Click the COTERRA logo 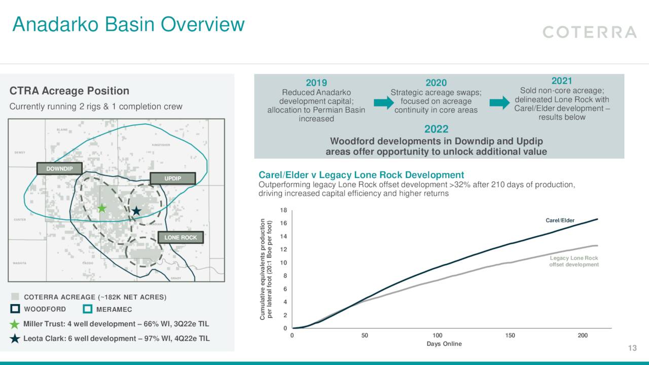589,32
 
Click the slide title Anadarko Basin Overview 128,24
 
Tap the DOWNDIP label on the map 59,168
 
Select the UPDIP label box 172,178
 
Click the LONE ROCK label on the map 181,237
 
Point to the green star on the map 102,208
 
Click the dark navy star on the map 136,211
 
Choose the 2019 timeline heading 316,83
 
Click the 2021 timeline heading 561,81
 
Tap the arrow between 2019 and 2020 383,103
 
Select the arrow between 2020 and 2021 499,103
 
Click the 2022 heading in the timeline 436,130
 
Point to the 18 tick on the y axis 284,210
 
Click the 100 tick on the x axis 438,336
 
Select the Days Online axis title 444,344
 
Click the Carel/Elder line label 560,221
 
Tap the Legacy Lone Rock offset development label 574,261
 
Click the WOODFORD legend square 15,309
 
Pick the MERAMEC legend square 87,309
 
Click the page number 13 632,348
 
